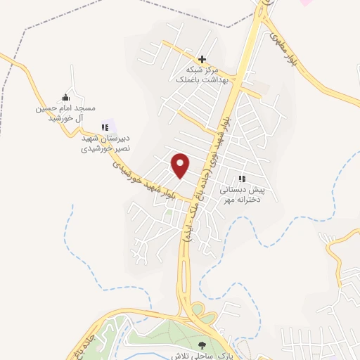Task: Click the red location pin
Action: (x=181, y=165)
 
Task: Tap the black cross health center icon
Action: (x=202, y=60)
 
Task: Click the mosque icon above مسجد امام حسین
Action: (x=65, y=98)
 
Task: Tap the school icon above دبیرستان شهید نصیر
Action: (x=105, y=128)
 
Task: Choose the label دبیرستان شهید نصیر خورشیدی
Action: (x=105, y=144)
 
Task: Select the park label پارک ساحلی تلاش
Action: (x=218, y=354)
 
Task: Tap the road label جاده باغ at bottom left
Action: (x=82, y=337)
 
